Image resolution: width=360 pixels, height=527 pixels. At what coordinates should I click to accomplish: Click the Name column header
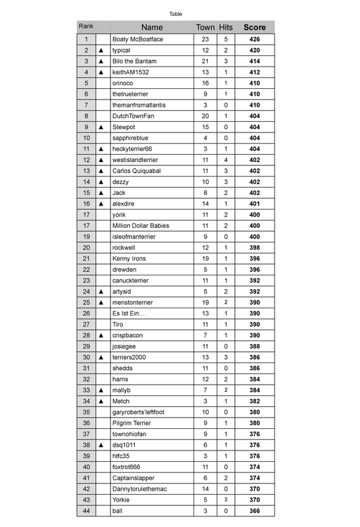(x=151, y=27)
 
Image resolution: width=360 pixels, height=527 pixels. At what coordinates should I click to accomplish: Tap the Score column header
(x=255, y=27)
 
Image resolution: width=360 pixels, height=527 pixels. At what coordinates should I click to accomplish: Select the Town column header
(x=205, y=27)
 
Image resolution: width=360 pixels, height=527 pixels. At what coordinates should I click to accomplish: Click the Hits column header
(x=226, y=27)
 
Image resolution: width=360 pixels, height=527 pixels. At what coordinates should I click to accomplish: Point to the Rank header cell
(x=86, y=26)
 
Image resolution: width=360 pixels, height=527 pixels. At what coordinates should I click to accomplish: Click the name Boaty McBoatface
(x=138, y=40)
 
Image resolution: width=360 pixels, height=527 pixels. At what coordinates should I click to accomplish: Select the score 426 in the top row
(x=255, y=40)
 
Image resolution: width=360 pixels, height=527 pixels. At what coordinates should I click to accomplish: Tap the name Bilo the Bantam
(x=134, y=61)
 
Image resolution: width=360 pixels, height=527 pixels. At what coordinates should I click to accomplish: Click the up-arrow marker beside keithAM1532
(x=101, y=72)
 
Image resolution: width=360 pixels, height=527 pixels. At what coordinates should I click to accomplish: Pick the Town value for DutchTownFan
(x=205, y=116)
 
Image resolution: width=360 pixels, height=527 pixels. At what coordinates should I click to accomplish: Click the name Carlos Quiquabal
(x=138, y=171)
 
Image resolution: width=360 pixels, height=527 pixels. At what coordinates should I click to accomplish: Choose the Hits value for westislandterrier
(x=226, y=160)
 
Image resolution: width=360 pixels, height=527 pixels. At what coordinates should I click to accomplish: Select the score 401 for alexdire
(x=255, y=204)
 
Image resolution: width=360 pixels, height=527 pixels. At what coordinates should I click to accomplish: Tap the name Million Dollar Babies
(x=141, y=226)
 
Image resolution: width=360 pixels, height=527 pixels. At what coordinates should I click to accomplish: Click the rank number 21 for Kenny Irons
(x=86, y=259)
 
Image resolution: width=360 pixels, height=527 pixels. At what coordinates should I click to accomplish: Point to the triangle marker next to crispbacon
(x=101, y=335)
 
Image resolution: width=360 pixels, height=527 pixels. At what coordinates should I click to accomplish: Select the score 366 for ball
(x=255, y=511)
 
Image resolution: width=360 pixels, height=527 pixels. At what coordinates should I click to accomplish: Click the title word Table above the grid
(x=176, y=14)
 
